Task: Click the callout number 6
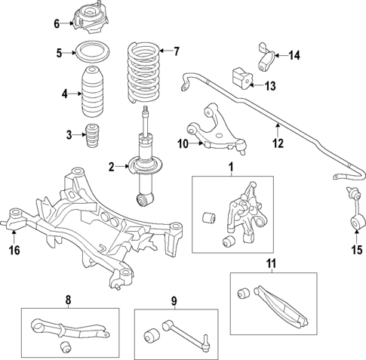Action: [x=56, y=23]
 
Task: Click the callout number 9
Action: [x=174, y=302]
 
